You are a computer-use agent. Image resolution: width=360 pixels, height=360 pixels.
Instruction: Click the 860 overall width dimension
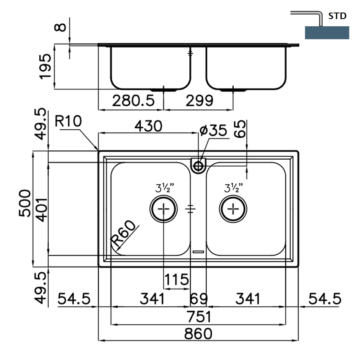tap(198, 333)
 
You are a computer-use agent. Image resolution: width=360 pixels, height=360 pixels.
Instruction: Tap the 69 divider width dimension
tap(198, 299)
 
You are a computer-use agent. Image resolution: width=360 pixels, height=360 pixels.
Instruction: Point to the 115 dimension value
tap(177, 280)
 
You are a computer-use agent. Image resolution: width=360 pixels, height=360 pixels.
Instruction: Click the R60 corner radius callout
tap(125, 235)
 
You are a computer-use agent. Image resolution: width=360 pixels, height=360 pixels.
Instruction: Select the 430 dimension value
tap(148, 126)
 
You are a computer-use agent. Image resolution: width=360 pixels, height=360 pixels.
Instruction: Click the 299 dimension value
tap(198, 101)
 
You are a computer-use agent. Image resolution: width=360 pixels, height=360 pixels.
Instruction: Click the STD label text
tap(338, 17)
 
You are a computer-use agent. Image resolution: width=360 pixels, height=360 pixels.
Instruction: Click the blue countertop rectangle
tap(327, 33)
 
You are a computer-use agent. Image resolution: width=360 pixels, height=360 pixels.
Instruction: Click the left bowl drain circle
tap(163, 208)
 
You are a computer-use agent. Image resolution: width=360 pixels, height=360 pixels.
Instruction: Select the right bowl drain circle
tap(233, 208)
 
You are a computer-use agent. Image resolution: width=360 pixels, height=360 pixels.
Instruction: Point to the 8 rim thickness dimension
tap(62, 27)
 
